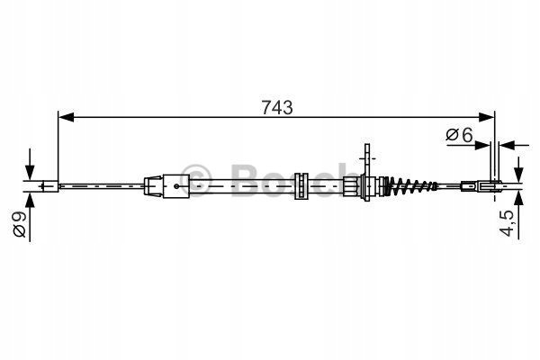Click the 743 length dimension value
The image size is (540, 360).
pos(277,107)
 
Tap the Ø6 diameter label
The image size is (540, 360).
pos(459,135)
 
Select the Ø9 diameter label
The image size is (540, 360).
pos(19,224)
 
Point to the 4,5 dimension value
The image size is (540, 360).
pos(507,223)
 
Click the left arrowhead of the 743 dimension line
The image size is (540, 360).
pos(66,117)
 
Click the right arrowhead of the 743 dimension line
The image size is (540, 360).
pos(487,117)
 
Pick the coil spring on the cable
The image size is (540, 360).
pos(409,186)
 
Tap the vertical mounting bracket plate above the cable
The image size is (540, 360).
pos(367,172)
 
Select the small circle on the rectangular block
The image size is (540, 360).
pos(176,186)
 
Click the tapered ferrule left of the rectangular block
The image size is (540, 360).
pos(154,186)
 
